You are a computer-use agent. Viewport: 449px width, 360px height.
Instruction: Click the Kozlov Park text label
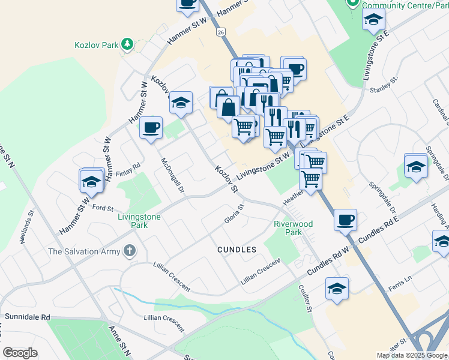click(97, 44)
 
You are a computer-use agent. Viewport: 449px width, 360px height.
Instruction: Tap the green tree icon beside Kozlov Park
click(127, 44)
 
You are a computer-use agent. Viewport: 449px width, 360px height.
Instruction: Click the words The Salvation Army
click(85, 251)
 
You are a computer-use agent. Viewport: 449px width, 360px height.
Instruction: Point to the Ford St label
click(103, 207)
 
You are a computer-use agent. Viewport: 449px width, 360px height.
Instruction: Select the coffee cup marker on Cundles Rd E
click(345, 220)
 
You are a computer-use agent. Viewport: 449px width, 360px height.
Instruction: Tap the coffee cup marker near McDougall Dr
click(151, 127)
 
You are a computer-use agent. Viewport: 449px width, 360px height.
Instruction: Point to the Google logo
click(20, 353)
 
